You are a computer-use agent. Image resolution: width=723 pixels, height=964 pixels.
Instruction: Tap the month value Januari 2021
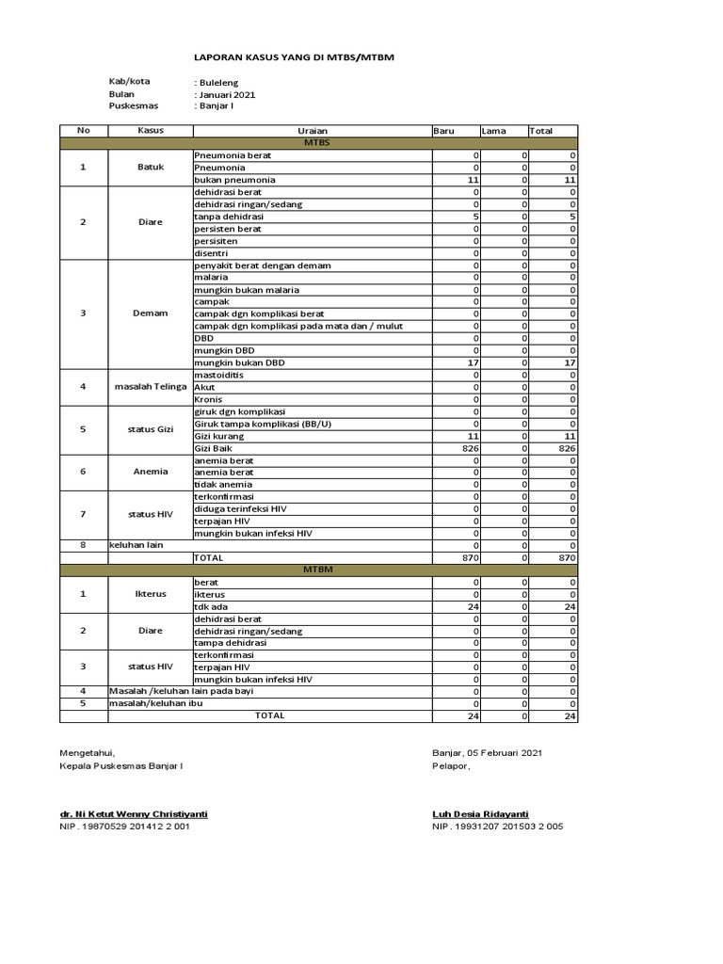click(226, 95)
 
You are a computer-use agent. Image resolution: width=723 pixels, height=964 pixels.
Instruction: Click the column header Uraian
click(312, 131)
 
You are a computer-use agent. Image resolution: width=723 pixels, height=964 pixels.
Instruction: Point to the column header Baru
click(443, 131)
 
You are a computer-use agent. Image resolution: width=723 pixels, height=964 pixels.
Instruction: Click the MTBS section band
click(318, 143)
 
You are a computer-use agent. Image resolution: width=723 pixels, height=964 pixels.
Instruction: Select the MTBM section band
click(318, 570)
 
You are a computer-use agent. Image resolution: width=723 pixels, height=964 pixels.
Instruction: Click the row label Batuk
click(151, 167)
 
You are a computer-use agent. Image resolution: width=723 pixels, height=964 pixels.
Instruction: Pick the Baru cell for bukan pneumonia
click(456, 179)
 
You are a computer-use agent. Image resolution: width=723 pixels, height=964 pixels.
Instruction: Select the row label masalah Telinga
click(151, 387)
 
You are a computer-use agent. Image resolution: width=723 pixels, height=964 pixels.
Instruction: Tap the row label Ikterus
click(151, 595)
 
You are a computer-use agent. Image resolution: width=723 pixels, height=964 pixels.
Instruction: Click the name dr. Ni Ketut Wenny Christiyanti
click(133, 813)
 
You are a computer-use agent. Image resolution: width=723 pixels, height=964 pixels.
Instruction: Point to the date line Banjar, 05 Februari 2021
click(487, 752)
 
